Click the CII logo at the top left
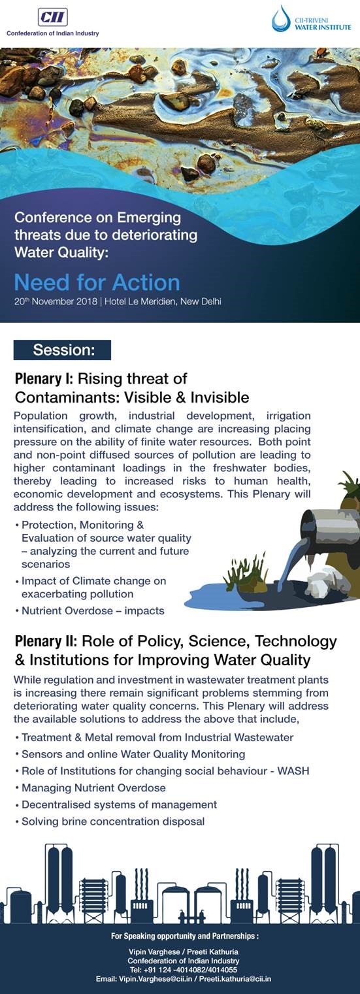pos(52,17)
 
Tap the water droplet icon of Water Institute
pos(281,19)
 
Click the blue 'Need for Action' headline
pos(97,282)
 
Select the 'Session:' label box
pos(63,350)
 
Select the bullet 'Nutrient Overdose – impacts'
pos(93,611)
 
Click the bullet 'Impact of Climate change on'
pos(93,581)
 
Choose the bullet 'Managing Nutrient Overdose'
pos(93,787)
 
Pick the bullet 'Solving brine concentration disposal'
pos(113,821)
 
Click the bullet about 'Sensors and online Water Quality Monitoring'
pos(133,754)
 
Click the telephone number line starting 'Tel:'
pos(183,970)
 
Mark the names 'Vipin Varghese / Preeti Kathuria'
pos(183,952)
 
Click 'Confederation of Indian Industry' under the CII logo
pos(52,33)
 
